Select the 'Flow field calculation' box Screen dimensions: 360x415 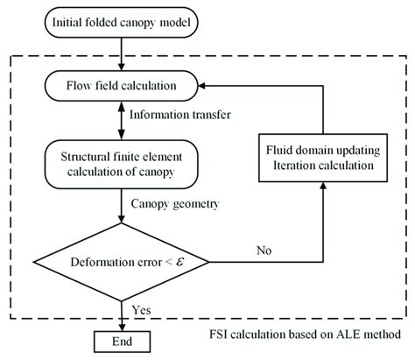pos(120,85)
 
